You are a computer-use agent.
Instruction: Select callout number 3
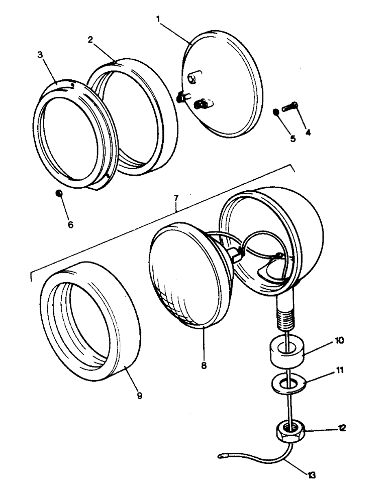tap(41, 54)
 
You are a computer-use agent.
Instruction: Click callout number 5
tap(293, 139)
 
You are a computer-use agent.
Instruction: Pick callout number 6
tap(70, 224)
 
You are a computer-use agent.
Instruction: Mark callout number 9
tap(139, 396)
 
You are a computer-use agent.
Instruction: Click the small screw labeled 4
tap(291, 106)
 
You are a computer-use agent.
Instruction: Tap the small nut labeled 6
tap(59, 193)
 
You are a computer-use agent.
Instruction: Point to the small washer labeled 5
tap(276, 111)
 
